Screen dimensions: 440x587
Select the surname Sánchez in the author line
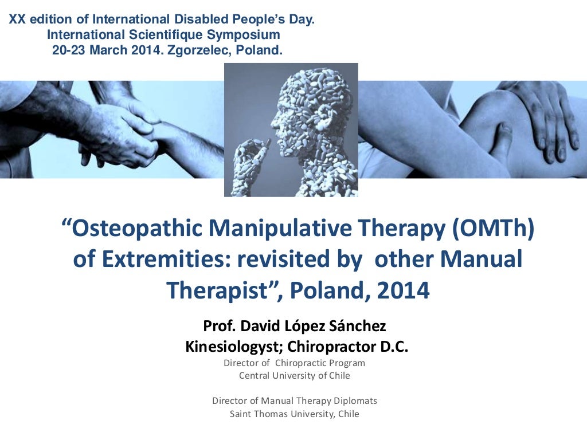[x=358, y=326]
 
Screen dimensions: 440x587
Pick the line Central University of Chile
[x=294, y=376]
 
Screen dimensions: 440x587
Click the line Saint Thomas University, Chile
[x=294, y=414]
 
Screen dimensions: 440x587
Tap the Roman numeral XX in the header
[x=18, y=20]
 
